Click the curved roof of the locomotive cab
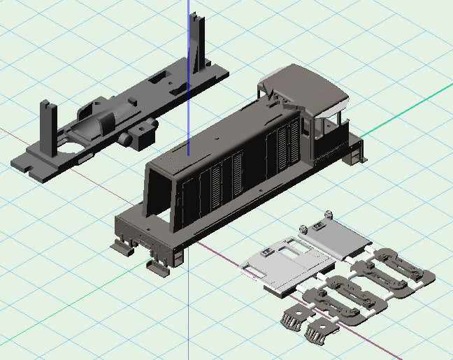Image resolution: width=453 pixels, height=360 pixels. [x=308, y=84]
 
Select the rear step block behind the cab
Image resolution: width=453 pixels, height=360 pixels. [x=357, y=151]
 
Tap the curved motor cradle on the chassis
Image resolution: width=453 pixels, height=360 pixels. [x=98, y=126]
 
